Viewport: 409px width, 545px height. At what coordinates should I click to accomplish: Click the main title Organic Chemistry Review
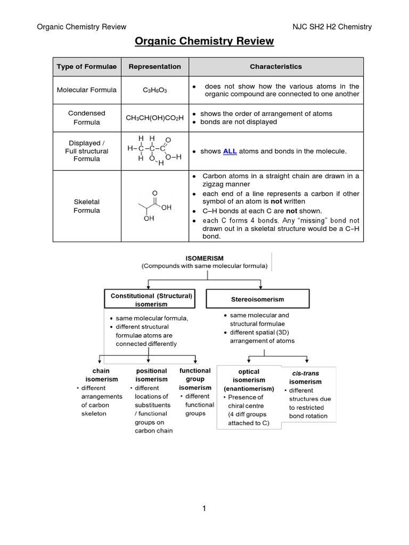204,41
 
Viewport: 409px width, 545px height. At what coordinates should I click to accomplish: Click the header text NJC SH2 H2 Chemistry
332,27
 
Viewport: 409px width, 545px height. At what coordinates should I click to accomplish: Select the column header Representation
154,67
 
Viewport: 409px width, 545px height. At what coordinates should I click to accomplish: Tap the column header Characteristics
275,67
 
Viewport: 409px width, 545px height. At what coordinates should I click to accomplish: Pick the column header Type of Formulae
87,67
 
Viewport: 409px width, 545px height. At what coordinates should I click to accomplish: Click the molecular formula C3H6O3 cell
154,90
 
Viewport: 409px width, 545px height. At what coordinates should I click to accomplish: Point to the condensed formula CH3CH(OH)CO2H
154,118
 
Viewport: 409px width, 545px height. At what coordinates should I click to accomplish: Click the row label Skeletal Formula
87,206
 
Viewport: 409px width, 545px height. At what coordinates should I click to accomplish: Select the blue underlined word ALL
230,151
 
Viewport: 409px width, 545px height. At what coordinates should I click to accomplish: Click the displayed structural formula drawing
154,151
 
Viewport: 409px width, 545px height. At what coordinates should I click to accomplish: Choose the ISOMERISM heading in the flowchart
204,258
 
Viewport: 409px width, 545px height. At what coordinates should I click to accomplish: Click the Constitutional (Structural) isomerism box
151,300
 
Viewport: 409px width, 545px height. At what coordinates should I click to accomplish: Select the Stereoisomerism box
257,300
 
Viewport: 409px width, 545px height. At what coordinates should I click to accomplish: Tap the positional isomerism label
151,375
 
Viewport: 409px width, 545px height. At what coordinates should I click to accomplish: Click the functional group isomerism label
195,379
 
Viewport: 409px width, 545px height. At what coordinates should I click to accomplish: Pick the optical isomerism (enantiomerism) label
249,380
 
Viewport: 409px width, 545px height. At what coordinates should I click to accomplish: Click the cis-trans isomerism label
305,377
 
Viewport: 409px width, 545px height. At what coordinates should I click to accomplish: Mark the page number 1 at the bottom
204,509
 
